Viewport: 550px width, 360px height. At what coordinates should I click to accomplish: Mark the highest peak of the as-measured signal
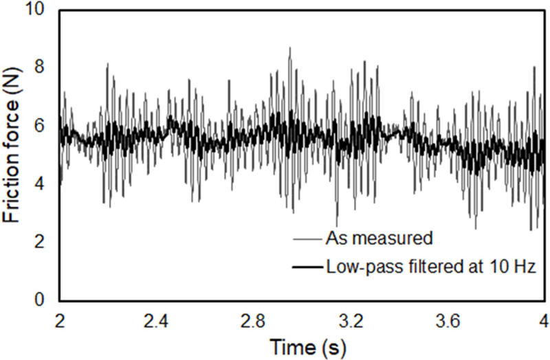(x=290, y=47)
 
